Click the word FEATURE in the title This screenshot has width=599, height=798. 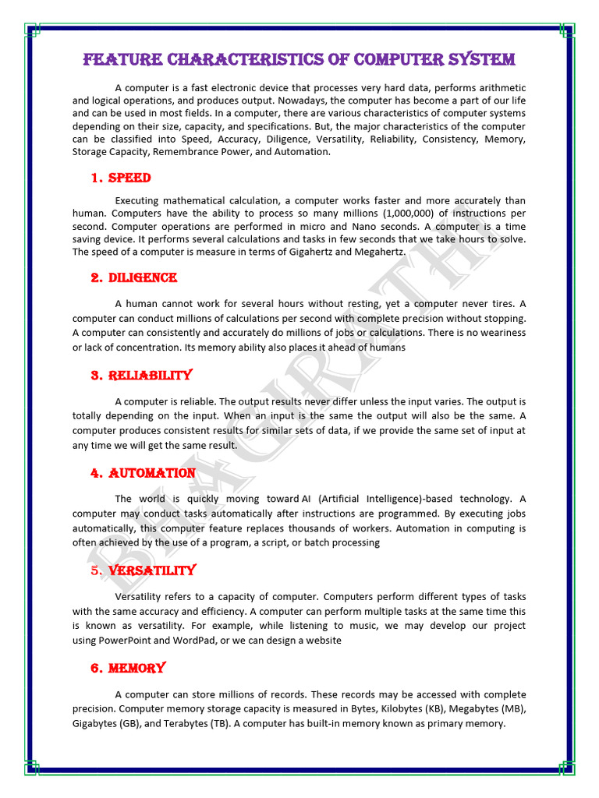pos(113,60)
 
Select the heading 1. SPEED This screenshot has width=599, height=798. pos(120,178)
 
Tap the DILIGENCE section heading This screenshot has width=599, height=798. pos(133,278)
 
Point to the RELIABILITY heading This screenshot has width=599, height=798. pos(140,376)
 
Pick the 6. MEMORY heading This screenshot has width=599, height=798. pos(128,669)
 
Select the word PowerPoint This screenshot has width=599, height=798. pos(130,640)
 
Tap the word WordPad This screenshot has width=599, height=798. pos(205,640)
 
